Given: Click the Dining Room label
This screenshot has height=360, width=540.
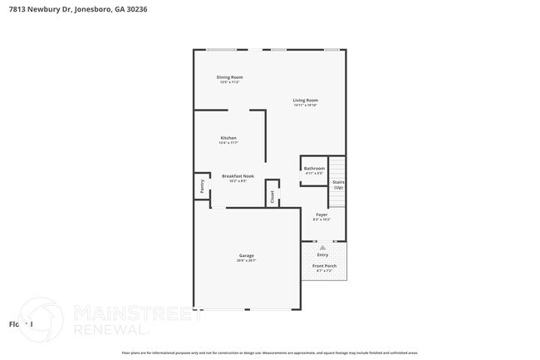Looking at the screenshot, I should coord(230,77).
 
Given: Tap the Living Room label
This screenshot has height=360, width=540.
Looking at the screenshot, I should coord(305,101).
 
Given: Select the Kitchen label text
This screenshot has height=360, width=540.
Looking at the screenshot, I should coord(228,138).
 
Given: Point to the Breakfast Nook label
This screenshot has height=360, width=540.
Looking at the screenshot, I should coord(238,175).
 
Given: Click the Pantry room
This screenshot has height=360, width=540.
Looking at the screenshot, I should coord(201,185).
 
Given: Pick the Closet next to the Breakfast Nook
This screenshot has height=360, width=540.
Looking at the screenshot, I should coord(271,196).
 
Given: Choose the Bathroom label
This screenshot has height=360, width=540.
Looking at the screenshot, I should coord(314,169).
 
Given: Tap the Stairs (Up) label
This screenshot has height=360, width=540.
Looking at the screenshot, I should coord(338,184).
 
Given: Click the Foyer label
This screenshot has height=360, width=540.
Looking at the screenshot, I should coord(321,215).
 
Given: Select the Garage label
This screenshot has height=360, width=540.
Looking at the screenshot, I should coord(246,255).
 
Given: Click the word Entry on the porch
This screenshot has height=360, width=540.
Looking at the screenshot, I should coord(322,254).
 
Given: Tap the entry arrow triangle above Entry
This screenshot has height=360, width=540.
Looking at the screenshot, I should coord(322,247).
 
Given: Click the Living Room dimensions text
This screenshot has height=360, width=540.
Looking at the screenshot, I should coord(305,106).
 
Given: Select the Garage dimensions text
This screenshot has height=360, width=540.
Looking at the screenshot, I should coord(246,260).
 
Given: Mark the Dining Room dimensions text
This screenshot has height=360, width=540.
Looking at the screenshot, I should coord(230,82).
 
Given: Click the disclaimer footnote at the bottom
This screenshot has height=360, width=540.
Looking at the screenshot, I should coord(269,353).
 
